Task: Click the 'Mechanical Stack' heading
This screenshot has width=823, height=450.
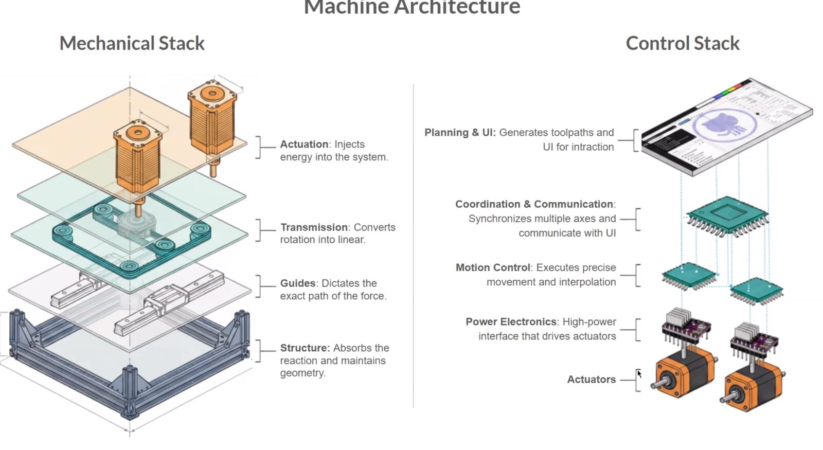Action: pyautogui.click(x=132, y=43)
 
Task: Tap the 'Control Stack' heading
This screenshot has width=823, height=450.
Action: pyautogui.click(x=683, y=43)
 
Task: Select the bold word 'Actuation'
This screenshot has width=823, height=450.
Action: pyautogui.click(x=304, y=144)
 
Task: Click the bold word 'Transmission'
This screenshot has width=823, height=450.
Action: pyautogui.click(x=314, y=227)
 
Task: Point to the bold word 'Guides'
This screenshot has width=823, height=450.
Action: pyautogui.click(x=298, y=283)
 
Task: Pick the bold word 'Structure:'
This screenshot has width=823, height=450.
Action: pyautogui.click(x=305, y=348)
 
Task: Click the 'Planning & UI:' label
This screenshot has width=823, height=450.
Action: pyautogui.click(x=460, y=132)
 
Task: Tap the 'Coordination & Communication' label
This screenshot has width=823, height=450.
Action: pyautogui.click(x=534, y=204)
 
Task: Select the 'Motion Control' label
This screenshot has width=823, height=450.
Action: pyautogui.click(x=493, y=267)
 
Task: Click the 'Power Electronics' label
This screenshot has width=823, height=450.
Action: pyautogui.click(x=511, y=322)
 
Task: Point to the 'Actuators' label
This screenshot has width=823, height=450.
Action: pyautogui.click(x=592, y=379)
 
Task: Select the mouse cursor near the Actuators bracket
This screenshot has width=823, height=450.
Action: pyautogui.click(x=639, y=374)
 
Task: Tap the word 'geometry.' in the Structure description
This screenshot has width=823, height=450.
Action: pyautogui.click(x=303, y=373)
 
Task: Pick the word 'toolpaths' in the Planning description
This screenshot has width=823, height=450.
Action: pyautogui.click(x=570, y=133)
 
